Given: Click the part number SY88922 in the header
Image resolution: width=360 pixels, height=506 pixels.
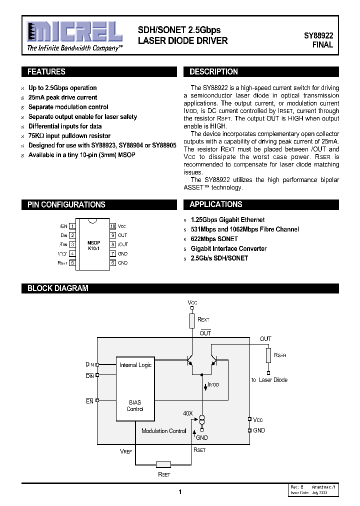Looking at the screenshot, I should click(x=318, y=35).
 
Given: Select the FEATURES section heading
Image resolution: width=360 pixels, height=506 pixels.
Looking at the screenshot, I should click(x=46, y=71).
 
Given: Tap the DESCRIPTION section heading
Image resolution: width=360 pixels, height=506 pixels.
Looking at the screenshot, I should click(x=213, y=71).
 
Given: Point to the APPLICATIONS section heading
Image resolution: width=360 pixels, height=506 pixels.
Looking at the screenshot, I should click(x=215, y=204).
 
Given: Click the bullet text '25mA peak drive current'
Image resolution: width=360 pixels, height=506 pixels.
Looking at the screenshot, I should click(x=62, y=97).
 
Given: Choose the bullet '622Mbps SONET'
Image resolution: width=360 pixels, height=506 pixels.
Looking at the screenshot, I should click(x=214, y=239).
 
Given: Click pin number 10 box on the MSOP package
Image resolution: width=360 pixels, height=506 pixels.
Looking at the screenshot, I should click(x=113, y=226).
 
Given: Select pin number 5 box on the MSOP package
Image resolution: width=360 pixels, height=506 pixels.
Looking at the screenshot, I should click(x=72, y=262).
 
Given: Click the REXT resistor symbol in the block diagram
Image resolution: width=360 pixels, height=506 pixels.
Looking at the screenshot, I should click(x=192, y=320).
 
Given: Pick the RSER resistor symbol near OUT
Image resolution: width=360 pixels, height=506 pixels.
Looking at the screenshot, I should click(x=268, y=355).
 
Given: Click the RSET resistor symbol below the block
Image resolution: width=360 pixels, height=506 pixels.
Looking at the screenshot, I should click(x=163, y=464).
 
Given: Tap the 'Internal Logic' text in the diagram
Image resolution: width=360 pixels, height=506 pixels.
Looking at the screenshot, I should click(x=135, y=365).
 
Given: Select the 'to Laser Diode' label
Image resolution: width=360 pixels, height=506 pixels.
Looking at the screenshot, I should click(x=269, y=380).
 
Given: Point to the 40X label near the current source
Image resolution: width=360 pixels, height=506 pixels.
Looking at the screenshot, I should click(x=188, y=413).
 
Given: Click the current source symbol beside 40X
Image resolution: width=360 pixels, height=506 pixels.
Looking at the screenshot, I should click(x=202, y=419).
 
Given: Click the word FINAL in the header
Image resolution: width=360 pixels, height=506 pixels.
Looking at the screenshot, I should click(x=322, y=45).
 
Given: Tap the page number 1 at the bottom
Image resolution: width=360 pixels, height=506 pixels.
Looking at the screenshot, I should click(x=180, y=492).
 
